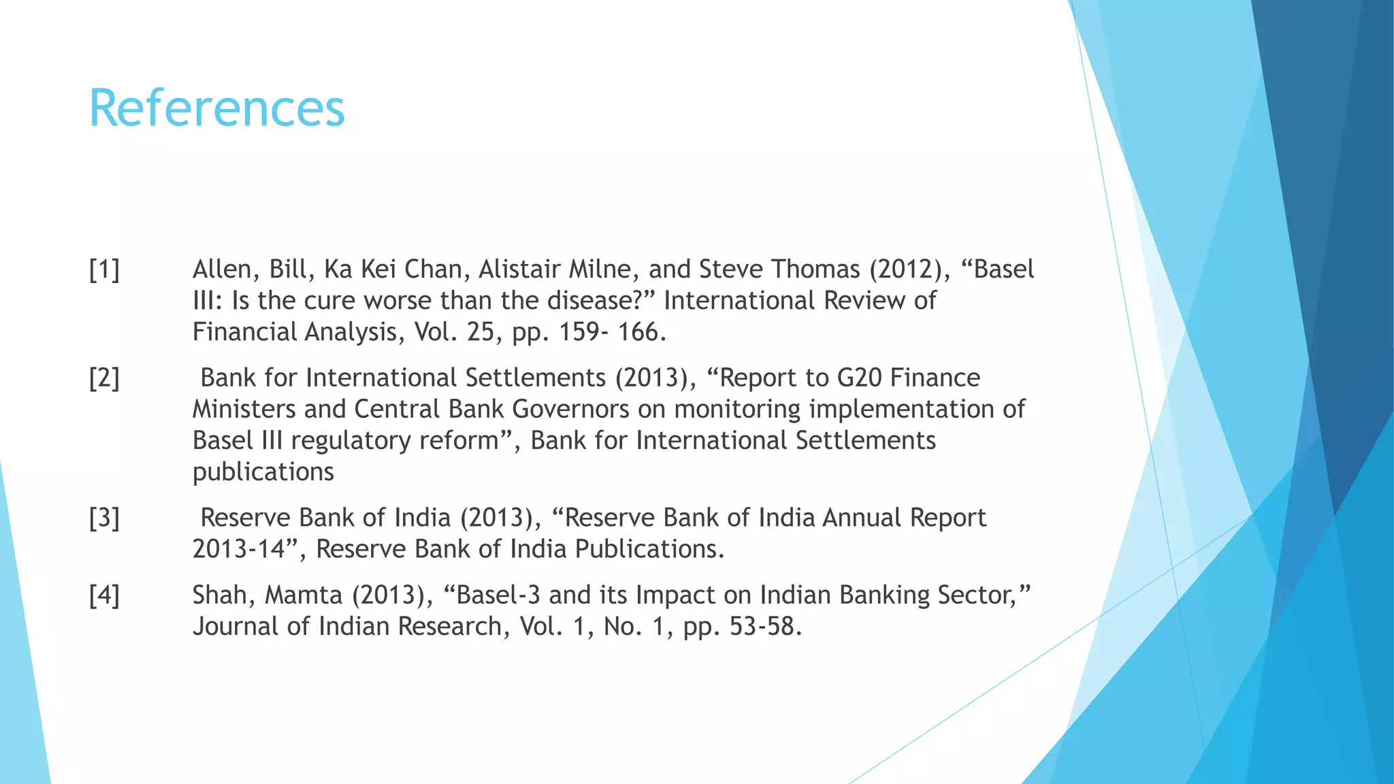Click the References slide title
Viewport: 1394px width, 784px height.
tap(216, 109)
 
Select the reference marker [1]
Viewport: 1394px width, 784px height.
tap(104, 270)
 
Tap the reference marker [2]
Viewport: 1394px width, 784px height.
tap(104, 378)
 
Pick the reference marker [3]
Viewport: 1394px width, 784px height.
tap(104, 519)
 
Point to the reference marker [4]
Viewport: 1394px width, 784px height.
tap(104, 596)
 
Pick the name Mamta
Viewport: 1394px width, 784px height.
tap(304, 596)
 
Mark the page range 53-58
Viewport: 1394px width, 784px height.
tap(765, 627)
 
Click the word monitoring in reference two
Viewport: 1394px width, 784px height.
tap(737, 410)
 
